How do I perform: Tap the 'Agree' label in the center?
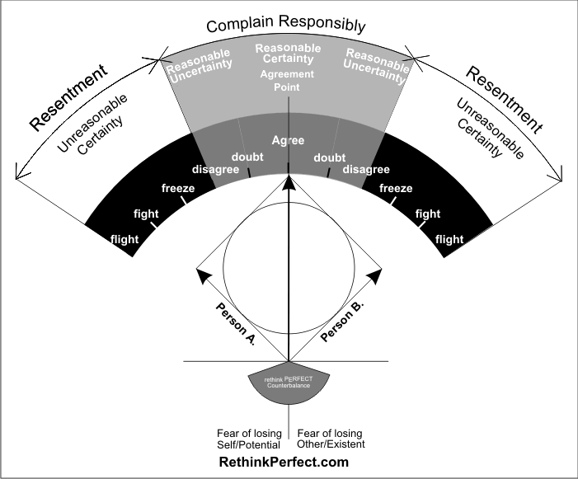click(288, 140)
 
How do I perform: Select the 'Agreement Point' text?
click(288, 80)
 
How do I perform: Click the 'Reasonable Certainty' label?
click(288, 54)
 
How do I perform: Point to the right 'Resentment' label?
click(505, 98)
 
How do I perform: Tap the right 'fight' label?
click(428, 214)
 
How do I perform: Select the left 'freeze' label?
click(178, 189)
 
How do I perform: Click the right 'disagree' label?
click(366, 170)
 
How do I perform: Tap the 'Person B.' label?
click(342, 322)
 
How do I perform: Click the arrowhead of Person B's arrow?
click(375, 274)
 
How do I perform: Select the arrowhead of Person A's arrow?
click(202, 274)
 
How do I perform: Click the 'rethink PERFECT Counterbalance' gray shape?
click(288, 388)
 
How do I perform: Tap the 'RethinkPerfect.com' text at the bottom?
click(284, 463)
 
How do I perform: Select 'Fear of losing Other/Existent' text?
click(330, 439)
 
